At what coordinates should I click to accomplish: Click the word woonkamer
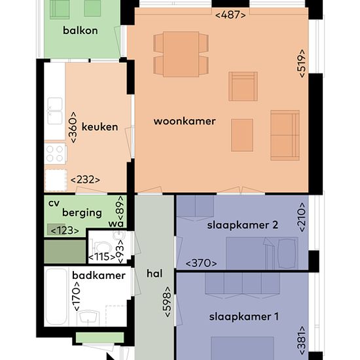click(185, 121)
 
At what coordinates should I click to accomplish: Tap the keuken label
click(100, 127)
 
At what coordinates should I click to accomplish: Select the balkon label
click(81, 30)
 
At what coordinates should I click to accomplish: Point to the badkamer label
click(99, 276)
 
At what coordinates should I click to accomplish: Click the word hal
click(154, 274)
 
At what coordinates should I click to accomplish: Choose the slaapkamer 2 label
click(242, 225)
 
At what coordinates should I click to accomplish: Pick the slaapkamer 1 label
click(244, 317)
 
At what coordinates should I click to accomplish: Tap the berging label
click(82, 213)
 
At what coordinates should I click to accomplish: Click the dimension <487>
click(230, 15)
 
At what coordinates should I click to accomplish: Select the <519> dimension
click(302, 63)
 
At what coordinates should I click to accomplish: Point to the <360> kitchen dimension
click(73, 128)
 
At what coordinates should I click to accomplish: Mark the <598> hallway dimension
click(168, 302)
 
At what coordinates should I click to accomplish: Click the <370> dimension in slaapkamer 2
click(201, 263)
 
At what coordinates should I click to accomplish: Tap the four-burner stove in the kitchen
click(55, 154)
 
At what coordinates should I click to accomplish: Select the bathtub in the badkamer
click(56, 297)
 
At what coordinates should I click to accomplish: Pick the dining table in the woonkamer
click(181, 54)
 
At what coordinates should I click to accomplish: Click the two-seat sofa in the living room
click(285, 135)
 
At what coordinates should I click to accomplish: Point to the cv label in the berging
click(54, 203)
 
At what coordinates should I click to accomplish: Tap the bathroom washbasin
click(88, 317)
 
